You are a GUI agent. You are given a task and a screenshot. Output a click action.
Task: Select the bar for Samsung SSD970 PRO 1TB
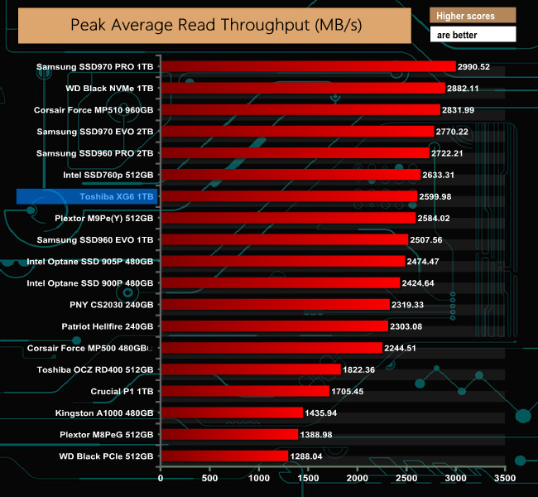point(308,66)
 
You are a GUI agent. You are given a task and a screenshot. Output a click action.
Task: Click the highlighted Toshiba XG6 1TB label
point(86,196)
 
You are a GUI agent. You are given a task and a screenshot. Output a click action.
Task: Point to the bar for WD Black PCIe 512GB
point(223,456)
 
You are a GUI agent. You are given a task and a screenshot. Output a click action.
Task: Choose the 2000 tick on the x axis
point(357,478)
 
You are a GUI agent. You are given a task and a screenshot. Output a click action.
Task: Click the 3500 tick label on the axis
point(504,478)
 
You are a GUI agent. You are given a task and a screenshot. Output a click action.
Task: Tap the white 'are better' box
point(473,35)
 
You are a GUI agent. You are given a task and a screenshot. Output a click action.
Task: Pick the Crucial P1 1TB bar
point(244,391)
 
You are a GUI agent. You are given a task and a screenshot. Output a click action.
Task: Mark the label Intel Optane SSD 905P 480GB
point(90,261)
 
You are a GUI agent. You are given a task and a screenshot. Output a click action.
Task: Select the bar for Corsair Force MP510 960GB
point(300,109)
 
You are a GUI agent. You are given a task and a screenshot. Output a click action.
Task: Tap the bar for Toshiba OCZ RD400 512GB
point(250,369)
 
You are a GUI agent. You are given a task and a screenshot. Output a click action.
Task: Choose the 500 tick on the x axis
point(209,478)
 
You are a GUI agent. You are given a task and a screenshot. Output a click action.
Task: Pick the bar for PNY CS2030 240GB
point(275,304)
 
